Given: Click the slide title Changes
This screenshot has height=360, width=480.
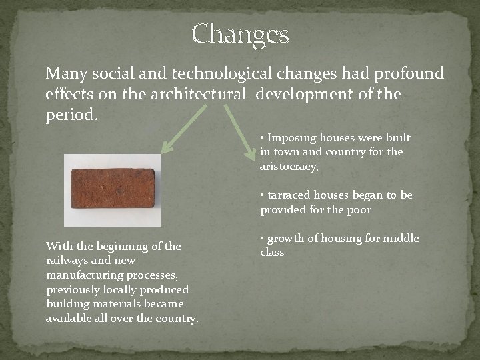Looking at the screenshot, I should point(240,34).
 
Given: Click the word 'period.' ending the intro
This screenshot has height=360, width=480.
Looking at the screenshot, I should point(71,115).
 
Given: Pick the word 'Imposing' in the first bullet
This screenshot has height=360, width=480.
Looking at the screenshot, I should point(292,138).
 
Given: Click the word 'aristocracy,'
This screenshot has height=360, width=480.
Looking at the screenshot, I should point(289,167).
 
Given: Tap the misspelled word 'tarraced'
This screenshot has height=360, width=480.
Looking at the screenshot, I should point(289,195).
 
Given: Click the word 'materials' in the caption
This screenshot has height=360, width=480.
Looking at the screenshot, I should point(107,304).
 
